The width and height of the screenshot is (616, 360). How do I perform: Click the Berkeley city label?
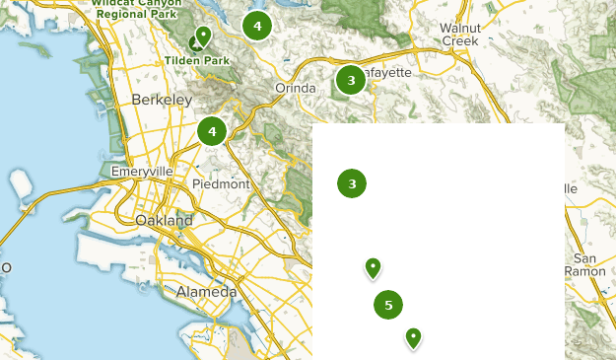[160, 101]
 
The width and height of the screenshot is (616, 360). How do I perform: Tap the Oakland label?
[164, 221]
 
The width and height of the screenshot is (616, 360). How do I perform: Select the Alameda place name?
[206, 292]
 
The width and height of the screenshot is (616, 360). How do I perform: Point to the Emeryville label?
[142, 172]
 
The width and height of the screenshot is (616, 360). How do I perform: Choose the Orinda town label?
[295, 89]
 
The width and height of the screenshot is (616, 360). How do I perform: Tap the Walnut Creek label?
[458, 35]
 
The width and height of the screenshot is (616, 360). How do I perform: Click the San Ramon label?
[589, 264]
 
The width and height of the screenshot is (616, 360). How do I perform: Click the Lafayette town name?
[384, 73]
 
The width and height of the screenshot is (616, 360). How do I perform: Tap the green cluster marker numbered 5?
[388, 305]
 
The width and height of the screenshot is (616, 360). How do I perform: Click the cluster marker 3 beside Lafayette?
[350, 80]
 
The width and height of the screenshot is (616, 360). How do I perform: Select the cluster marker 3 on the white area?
[352, 182]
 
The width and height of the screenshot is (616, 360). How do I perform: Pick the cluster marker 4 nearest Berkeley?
[212, 130]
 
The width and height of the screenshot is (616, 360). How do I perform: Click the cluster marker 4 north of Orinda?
[256, 26]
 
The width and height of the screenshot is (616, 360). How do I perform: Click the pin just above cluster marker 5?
[373, 267]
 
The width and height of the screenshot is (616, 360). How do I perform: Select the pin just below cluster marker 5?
[414, 338]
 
